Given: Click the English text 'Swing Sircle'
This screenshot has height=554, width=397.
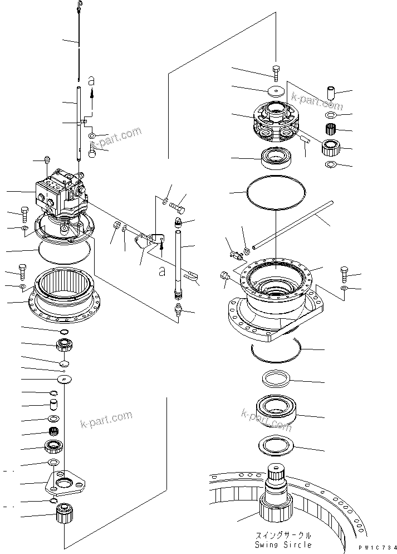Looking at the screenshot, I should [283, 545].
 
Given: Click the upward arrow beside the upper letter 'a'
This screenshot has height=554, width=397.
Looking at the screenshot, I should [92, 98].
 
